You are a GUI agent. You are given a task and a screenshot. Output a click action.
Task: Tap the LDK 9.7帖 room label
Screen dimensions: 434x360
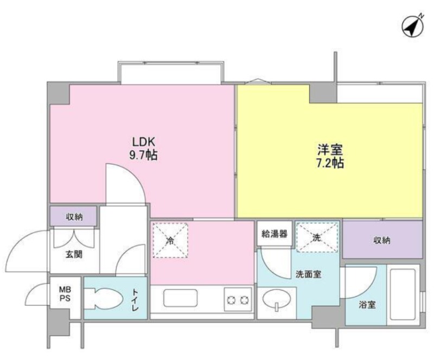tap(143, 149)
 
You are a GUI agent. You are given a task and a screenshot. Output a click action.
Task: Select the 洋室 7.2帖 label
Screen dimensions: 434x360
tap(330, 156)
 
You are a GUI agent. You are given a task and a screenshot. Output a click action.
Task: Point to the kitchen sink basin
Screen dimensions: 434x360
tap(180, 298)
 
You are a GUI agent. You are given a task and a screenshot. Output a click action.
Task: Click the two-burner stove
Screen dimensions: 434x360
tap(238, 300)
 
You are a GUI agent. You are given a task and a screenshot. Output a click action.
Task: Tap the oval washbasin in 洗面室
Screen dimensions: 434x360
tap(277, 300)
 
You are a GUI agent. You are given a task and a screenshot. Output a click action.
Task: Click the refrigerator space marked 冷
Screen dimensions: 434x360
tap(170, 240)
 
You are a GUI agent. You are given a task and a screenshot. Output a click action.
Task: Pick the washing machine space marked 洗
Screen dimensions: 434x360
tap(317, 237)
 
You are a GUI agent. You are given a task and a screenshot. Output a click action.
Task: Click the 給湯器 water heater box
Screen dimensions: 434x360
tap(275, 233)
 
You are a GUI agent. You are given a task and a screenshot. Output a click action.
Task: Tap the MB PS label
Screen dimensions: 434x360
tap(65, 294)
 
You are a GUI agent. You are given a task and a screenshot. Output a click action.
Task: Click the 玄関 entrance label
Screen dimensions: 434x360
tap(74, 254)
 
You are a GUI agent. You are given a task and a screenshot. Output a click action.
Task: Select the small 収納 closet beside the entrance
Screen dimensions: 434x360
tap(73, 216)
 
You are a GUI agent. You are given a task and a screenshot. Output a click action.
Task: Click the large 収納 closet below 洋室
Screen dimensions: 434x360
tap(382, 240)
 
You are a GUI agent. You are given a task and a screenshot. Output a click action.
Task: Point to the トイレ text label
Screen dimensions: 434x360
tap(135, 300)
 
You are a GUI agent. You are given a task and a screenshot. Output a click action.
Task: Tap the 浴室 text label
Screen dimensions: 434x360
tap(367, 305)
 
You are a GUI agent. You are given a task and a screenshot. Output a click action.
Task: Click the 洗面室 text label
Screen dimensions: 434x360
tap(308, 274)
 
